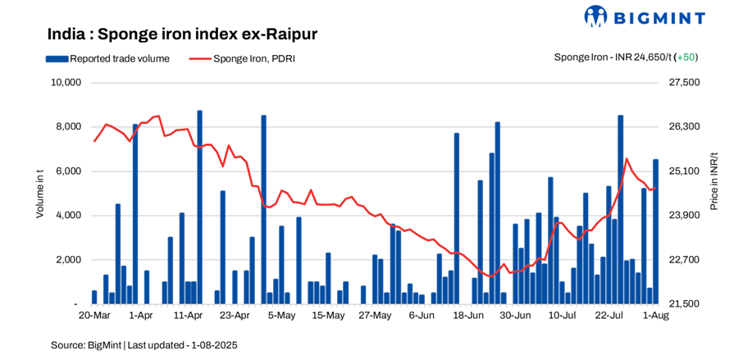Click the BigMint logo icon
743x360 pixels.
click(595, 16)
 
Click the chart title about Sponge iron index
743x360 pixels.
click(182, 34)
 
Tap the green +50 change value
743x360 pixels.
click(687, 57)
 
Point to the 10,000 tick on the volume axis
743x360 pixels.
click(64, 83)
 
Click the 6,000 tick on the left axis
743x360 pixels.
click(66, 171)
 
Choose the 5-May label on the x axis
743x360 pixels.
click(281, 315)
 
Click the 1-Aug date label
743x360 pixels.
click(654, 315)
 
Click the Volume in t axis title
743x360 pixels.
click(39, 193)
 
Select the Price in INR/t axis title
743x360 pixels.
click(715, 181)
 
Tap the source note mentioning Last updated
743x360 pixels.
click(144, 344)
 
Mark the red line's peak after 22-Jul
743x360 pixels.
click(627, 158)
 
